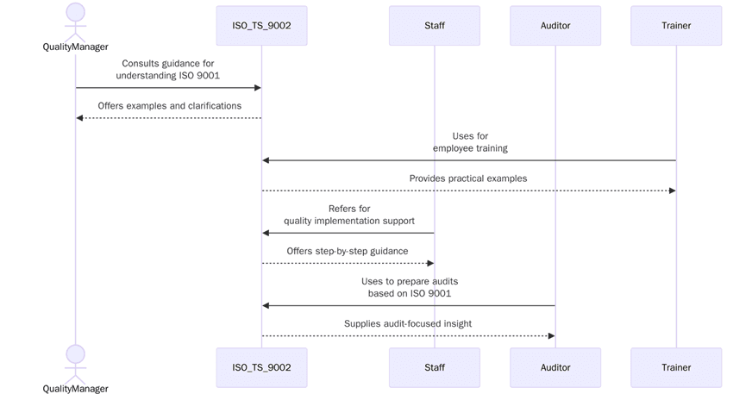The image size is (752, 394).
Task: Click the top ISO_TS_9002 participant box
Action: (x=261, y=26)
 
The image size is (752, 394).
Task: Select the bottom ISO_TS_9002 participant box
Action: (x=261, y=367)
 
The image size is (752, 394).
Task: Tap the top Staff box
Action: (x=434, y=26)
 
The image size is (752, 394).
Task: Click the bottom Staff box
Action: (x=434, y=367)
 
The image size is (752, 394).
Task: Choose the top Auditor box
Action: (x=555, y=26)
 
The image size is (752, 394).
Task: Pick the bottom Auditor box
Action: (x=555, y=367)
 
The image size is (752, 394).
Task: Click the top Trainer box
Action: (x=676, y=26)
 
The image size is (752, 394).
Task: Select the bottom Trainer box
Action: (x=676, y=367)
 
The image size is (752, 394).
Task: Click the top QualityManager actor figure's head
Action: (x=76, y=12)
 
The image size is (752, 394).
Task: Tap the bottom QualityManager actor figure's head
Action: (x=76, y=353)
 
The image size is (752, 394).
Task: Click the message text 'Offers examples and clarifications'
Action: (x=169, y=106)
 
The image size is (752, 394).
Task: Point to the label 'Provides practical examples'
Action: (x=468, y=178)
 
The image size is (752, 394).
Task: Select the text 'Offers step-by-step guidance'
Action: (x=348, y=251)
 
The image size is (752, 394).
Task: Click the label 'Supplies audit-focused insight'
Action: (x=408, y=323)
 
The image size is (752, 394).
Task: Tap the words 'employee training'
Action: (x=470, y=148)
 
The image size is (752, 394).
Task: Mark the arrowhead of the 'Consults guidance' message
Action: (x=257, y=88)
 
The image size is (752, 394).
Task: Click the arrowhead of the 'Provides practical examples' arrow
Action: (x=672, y=191)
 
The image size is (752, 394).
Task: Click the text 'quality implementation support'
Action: (x=349, y=221)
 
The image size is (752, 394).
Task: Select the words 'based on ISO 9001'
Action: (x=410, y=293)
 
